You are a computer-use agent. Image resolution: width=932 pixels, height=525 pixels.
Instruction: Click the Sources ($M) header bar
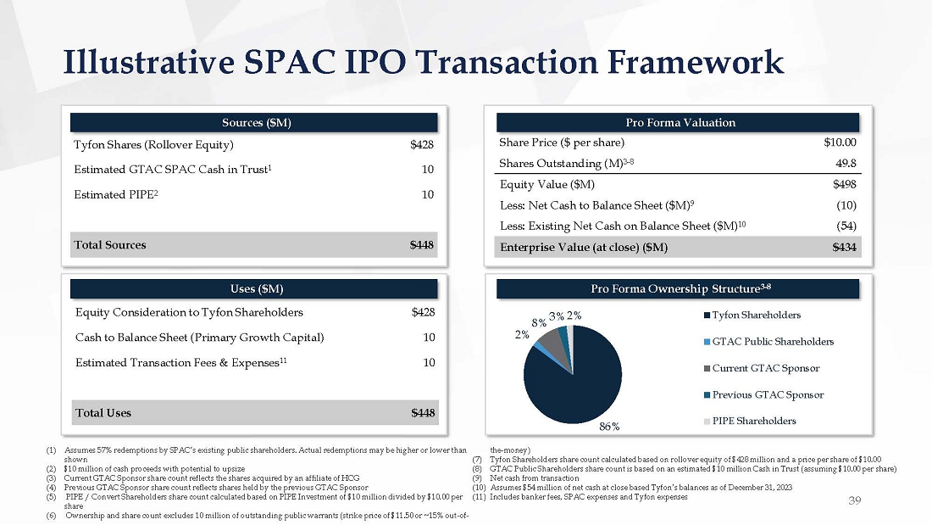pos(254,122)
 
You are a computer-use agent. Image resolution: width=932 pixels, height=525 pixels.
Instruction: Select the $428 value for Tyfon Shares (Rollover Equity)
pos(422,144)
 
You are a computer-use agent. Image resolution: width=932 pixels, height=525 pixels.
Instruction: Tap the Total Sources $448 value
pos(422,245)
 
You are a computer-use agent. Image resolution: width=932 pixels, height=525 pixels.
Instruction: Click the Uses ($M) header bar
pos(254,290)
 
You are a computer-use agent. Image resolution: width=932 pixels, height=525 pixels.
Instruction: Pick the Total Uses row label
pos(103,413)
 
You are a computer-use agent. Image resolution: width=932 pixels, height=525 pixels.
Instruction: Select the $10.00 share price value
pos(840,142)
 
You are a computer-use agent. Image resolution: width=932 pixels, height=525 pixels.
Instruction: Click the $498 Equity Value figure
pos(845,184)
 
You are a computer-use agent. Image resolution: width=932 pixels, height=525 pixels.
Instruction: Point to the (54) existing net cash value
pos(846,226)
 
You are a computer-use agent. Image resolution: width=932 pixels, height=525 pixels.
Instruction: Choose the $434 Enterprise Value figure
pos(845,248)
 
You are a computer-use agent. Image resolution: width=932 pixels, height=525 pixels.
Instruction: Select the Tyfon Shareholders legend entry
pos(756,316)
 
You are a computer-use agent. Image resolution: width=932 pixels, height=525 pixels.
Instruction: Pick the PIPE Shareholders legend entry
pos(754,421)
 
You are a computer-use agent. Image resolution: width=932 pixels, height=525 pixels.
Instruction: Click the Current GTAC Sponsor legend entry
pos(759,368)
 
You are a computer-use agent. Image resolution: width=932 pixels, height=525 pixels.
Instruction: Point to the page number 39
pos(855,501)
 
